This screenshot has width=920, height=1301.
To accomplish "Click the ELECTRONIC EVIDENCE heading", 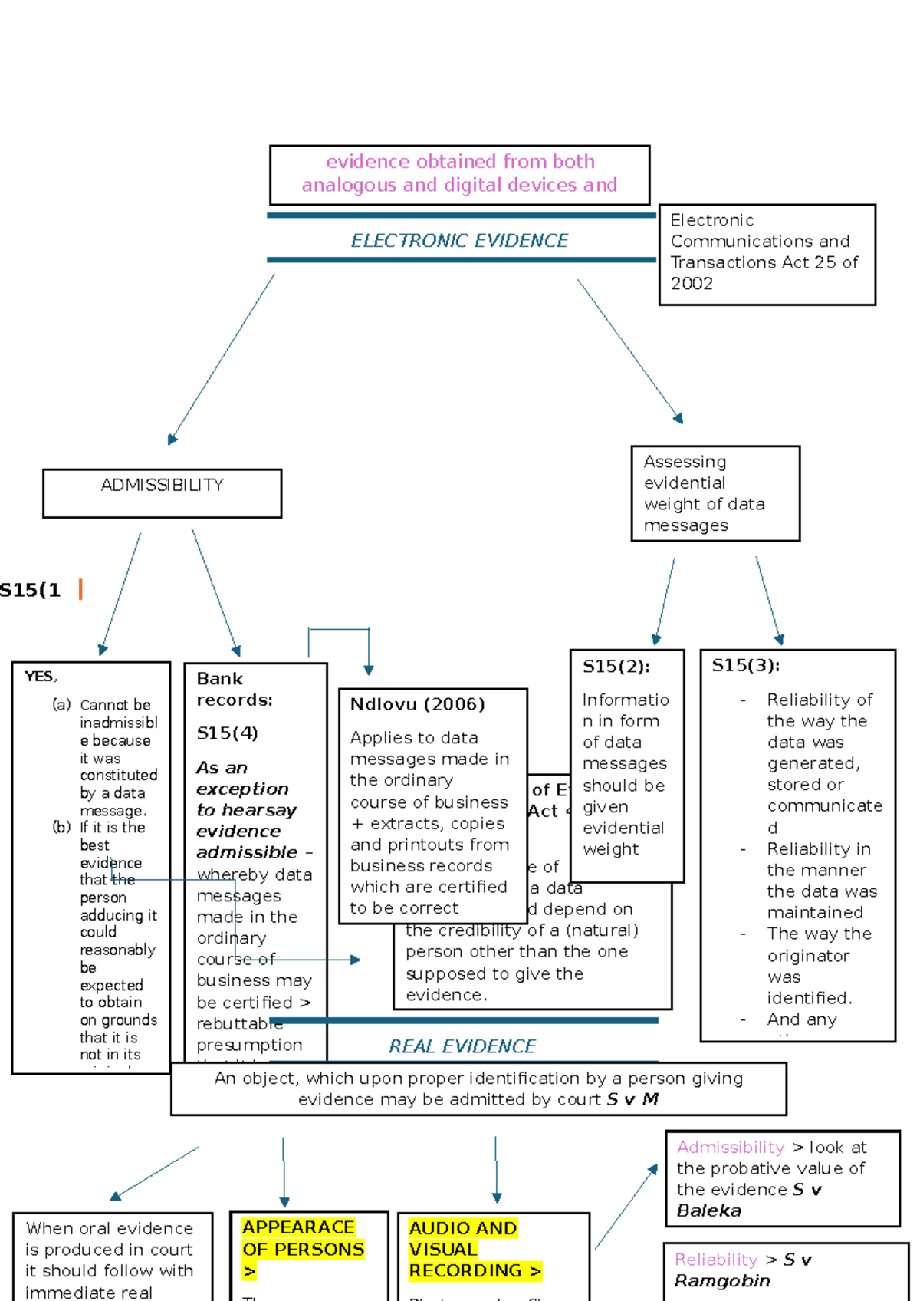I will pyautogui.click(x=459, y=241).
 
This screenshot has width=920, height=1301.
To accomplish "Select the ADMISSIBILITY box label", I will pyautogui.click(x=162, y=485).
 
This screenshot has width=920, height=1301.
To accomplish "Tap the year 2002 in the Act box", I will pyautogui.click(x=692, y=284).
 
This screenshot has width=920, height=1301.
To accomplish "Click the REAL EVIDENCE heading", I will pyautogui.click(x=462, y=1046).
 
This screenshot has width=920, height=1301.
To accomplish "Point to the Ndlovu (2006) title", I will pyautogui.click(x=417, y=704).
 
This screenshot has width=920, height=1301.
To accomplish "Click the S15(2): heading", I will pyautogui.click(x=616, y=666).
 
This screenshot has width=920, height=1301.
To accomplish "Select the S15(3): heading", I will pyautogui.click(x=745, y=665).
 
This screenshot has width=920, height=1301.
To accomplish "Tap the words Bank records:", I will pyautogui.click(x=234, y=689).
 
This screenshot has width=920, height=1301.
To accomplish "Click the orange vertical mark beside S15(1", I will pyautogui.click(x=80, y=589).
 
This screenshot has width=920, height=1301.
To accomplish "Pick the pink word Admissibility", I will pyautogui.click(x=730, y=1147).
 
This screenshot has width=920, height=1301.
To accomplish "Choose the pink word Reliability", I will pyautogui.click(x=715, y=1260).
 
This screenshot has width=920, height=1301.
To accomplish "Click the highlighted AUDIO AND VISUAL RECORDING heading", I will pyautogui.click(x=474, y=1250).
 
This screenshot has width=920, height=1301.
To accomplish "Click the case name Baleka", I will pyautogui.click(x=708, y=1210).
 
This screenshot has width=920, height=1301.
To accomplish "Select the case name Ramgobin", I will pyautogui.click(x=721, y=1281).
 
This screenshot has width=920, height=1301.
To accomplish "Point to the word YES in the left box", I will pyautogui.click(x=39, y=676).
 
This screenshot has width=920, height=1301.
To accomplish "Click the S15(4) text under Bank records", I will pyautogui.click(x=227, y=733).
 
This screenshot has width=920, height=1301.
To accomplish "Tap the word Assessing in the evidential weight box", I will pyautogui.click(x=685, y=462).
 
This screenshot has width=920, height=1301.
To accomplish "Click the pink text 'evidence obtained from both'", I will pyautogui.click(x=460, y=162).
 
